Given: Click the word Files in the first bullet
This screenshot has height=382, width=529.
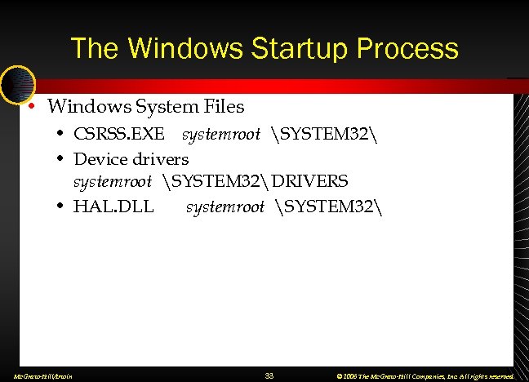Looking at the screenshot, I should pos(224,107).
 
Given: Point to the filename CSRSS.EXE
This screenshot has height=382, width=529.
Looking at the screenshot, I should pos(118,133).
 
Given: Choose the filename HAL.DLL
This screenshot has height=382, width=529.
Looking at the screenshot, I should pos(113,207).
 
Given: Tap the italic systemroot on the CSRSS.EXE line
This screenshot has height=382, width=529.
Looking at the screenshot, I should pos(220,133).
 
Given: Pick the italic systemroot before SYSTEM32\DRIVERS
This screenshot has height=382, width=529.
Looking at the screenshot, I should pos(113,181).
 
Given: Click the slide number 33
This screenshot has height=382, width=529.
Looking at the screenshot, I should pos(269,375).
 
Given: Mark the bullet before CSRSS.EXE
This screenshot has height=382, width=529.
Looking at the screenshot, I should pos(61,133).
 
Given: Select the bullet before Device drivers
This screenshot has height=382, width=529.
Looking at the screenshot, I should pos(61,158).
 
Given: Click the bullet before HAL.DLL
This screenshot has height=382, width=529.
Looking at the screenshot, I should pos(61,207).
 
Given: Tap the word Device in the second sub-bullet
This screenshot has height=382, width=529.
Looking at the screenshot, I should pos(100,158).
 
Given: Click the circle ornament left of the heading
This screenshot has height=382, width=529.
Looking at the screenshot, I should pos(16,83).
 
